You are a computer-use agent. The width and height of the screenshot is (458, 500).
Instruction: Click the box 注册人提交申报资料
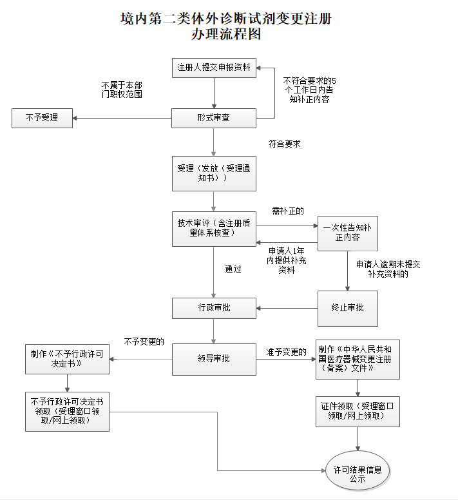(214, 67)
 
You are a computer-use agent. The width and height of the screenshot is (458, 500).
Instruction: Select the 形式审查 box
(214, 119)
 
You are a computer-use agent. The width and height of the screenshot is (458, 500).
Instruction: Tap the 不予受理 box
(42, 118)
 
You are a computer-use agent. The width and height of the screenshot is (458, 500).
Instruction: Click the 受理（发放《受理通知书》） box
(214, 173)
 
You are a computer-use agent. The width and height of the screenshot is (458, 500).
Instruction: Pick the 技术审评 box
(214, 228)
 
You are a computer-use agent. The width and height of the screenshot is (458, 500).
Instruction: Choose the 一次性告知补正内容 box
(347, 233)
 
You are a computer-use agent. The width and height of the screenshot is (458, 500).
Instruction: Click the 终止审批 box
(347, 307)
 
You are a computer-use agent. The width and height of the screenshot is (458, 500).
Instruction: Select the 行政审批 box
(214, 308)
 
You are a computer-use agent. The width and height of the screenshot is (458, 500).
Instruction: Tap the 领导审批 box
(214, 358)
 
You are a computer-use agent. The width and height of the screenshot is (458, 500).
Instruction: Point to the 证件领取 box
(358, 411)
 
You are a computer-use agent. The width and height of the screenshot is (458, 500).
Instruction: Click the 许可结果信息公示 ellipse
(358, 475)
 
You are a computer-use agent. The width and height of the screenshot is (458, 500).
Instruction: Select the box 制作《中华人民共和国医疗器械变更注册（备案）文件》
(358, 359)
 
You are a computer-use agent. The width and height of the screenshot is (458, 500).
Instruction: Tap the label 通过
(233, 269)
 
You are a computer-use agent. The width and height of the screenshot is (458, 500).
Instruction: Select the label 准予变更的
(286, 352)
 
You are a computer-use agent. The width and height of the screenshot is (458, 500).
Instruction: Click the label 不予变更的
(144, 341)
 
